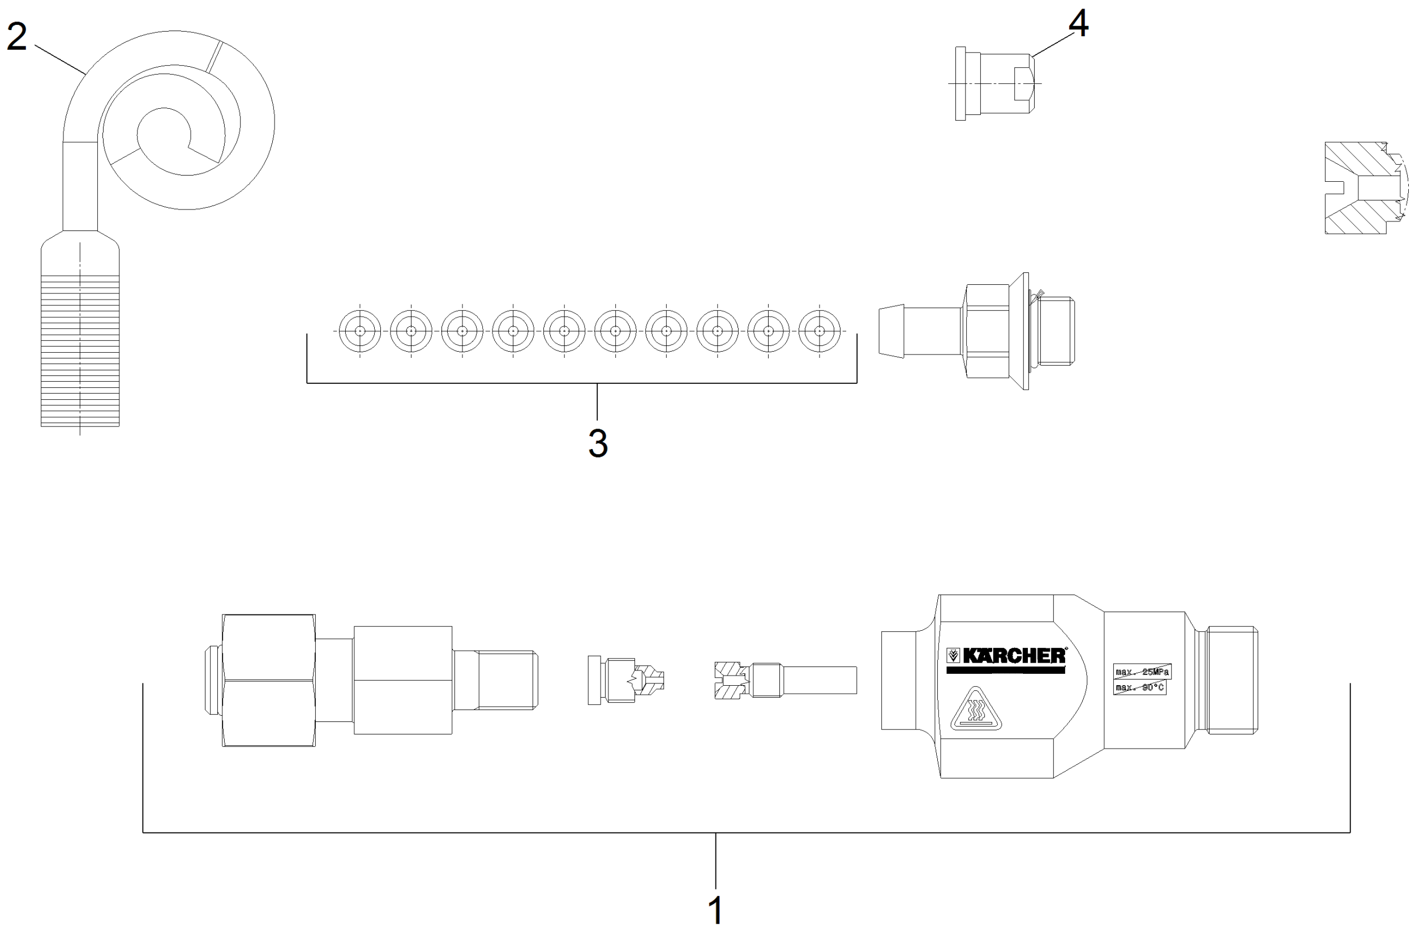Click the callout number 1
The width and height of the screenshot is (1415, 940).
pyautogui.click(x=715, y=911)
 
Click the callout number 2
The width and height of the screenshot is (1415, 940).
pyautogui.click(x=16, y=37)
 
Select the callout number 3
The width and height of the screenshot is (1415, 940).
pyautogui.click(x=597, y=444)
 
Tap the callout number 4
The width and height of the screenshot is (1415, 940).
pyautogui.click(x=1078, y=24)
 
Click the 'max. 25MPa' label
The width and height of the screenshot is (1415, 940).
pyautogui.click(x=1142, y=672)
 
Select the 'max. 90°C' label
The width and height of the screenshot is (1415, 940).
pyautogui.click(x=1139, y=687)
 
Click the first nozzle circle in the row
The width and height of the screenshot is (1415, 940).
pyautogui.click(x=359, y=331)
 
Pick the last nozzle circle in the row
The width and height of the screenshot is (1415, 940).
pyautogui.click(x=820, y=331)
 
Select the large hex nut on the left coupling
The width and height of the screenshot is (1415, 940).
pyautogui.click(x=268, y=681)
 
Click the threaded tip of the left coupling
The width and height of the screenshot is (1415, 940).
pyautogui.click(x=508, y=681)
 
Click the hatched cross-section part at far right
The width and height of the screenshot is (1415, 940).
pyautogui.click(x=1360, y=187)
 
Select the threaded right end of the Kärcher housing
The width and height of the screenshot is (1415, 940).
pyautogui.click(x=1232, y=681)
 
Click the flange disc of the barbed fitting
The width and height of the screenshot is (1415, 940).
pyautogui.click(x=1026, y=331)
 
